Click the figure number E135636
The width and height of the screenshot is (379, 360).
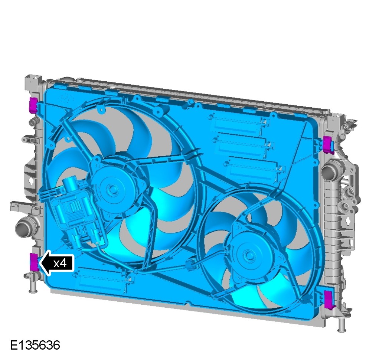[35, 345]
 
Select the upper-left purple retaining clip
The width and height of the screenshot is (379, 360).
[33, 105]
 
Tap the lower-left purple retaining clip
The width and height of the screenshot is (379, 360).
[34, 262]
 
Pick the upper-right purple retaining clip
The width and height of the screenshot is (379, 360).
[329, 145]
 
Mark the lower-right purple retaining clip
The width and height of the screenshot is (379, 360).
[329, 300]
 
